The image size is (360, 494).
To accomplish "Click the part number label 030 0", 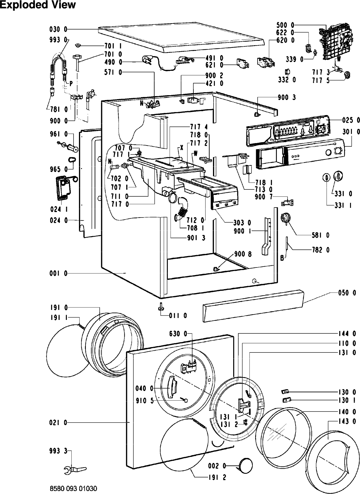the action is [58, 29].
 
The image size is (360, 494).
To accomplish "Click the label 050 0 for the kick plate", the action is [347, 293].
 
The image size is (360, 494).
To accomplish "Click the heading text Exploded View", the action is [38, 5].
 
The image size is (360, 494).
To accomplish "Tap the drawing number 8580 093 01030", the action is [73, 489].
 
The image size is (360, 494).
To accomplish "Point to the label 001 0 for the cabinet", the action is [58, 274].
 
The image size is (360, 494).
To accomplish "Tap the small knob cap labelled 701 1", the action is [78, 45].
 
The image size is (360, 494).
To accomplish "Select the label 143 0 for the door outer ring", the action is [347, 421].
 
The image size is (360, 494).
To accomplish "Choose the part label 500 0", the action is [286, 25].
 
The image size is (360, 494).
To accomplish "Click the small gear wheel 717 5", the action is [347, 75].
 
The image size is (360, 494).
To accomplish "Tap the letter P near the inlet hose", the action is [71, 84].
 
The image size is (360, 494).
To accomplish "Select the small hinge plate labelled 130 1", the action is [286, 400].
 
